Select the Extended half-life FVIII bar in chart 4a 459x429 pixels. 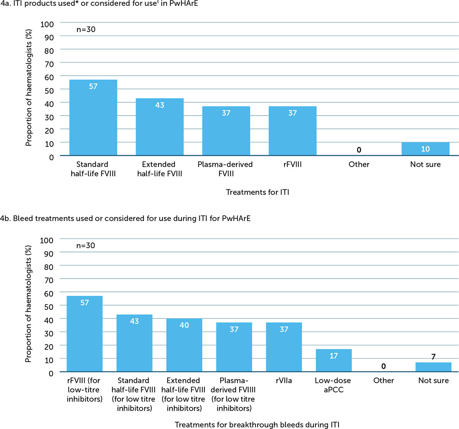pos(160,127)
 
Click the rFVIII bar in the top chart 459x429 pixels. pos(293,131)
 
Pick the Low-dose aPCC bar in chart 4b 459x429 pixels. pos(333,360)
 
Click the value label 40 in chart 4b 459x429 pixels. pos(184,325)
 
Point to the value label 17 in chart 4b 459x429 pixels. pos(333,356)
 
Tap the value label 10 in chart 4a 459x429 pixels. pos(425,149)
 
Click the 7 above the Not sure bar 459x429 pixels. pos(433,357)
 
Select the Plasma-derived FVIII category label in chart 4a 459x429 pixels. pos(225,169)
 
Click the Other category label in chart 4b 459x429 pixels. pos(383,381)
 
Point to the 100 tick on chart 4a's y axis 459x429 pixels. pos(47,24)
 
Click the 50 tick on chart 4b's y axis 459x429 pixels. pos(49,307)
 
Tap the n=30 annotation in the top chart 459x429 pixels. pos(86,29)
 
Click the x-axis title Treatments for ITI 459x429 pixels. pos(257,192)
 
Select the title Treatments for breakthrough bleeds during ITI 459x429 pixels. pos(257,425)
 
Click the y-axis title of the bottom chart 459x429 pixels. pos(28,304)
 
